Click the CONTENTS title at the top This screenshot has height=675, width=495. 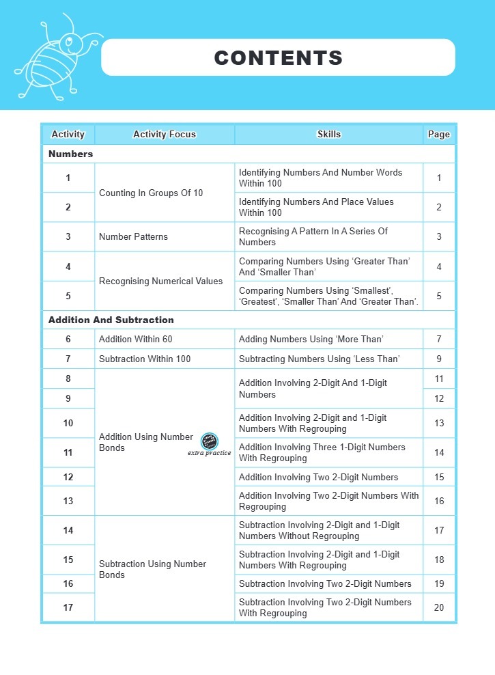click(278, 57)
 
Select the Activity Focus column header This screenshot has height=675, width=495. click(164, 135)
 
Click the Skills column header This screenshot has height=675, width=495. click(328, 135)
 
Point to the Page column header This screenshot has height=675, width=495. click(438, 135)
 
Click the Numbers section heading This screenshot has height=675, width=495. click(70, 154)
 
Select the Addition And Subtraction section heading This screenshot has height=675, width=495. click(111, 320)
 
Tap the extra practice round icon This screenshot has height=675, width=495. click(210, 441)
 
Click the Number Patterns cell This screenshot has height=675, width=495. click(133, 237)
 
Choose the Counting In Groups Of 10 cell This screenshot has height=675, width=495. click(151, 193)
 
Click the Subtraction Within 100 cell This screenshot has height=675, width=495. click(145, 359)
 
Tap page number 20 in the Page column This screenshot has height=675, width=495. click(439, 607)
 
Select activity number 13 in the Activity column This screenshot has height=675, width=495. click(68, 501)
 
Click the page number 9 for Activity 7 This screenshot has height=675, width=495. click(439, 359)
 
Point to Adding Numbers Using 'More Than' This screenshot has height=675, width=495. click(311, 340)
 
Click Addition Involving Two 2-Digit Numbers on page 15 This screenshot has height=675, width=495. click(318, 477)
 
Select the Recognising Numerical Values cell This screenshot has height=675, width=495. click(160, 281)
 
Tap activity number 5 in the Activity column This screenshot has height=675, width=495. click(68, 296)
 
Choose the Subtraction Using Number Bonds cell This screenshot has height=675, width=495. click(152, 569)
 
